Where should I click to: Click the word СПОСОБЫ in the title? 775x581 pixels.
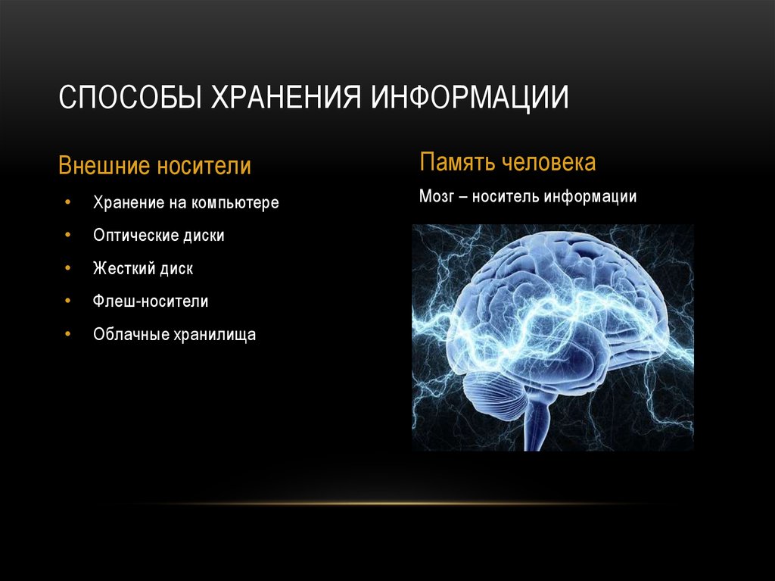click(130, 96)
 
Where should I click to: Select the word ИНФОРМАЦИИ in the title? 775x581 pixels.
click(469, 98)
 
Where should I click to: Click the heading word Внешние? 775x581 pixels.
click(104, 165)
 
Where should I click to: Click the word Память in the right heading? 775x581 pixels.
click(456, 162)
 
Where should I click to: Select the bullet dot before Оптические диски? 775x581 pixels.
click(67, 235)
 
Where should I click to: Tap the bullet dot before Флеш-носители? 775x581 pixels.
click(67, 301)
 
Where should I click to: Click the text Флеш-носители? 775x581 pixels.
click(151, 301)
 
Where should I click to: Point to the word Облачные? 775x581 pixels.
click(132, 335)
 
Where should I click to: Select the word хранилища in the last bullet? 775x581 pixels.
click(215, 335)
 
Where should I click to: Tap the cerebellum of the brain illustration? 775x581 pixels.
click(494, 391)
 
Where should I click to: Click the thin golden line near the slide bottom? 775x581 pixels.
click(387, 504)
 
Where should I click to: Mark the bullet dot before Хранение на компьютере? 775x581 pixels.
click(67, 202)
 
